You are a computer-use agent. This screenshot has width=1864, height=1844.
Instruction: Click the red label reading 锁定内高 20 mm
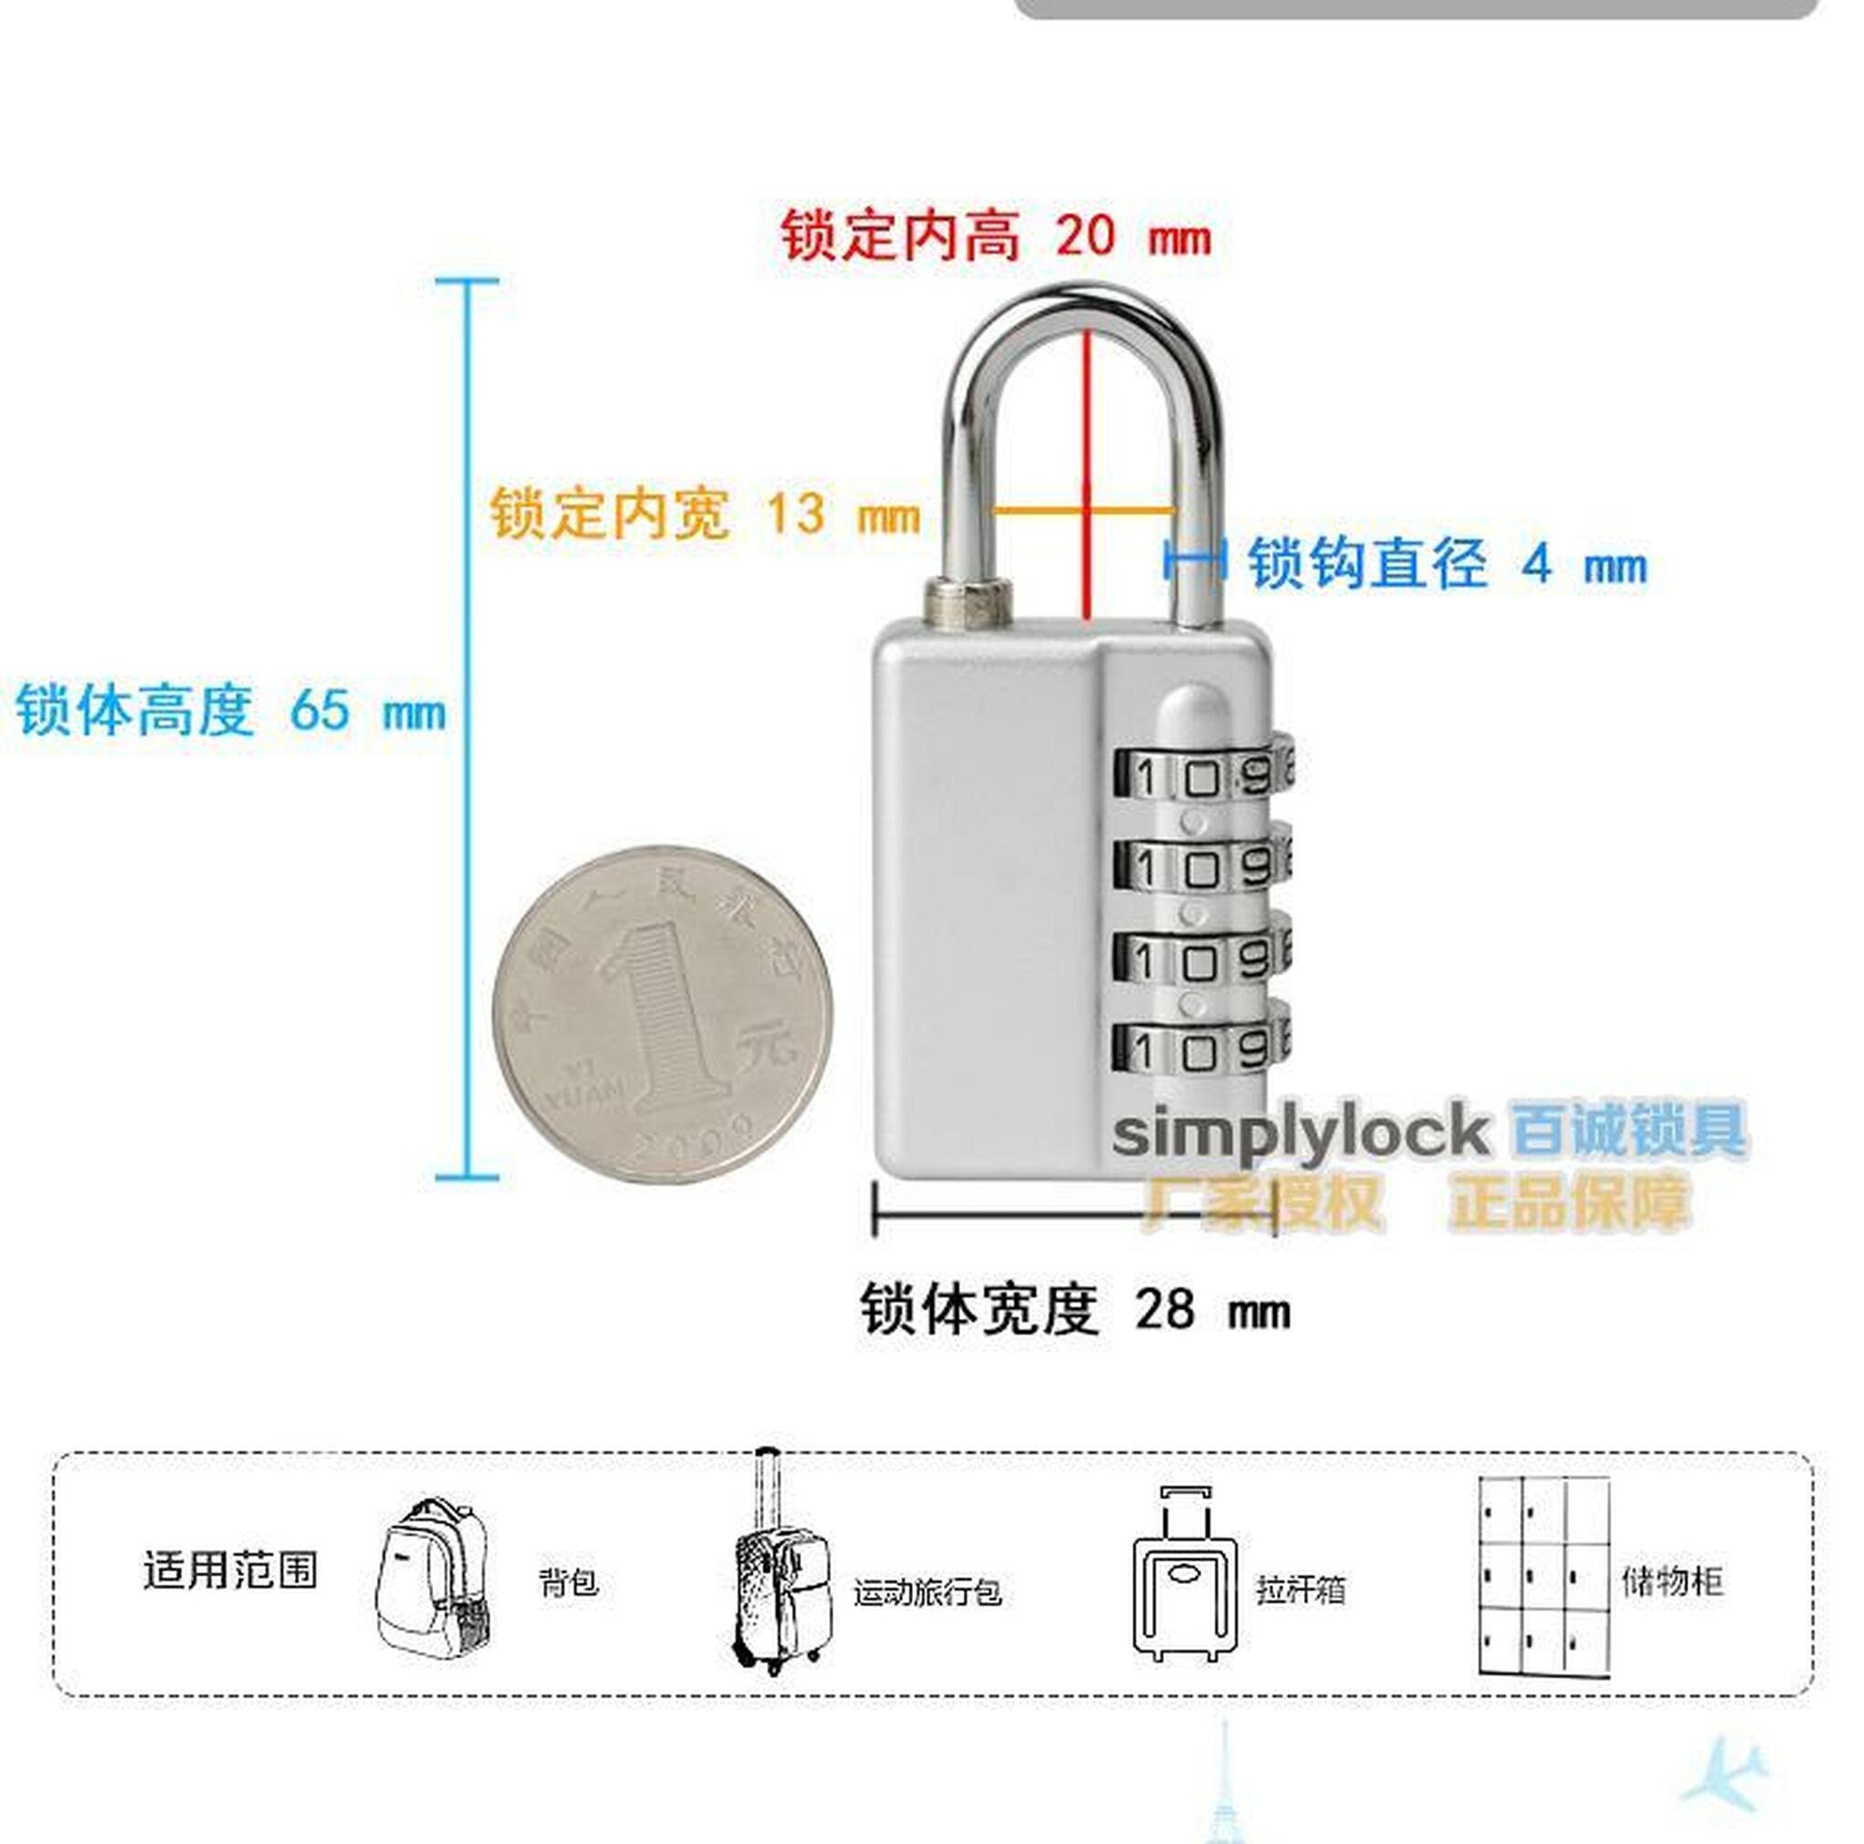995,236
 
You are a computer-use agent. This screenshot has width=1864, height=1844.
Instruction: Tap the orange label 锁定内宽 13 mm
704,513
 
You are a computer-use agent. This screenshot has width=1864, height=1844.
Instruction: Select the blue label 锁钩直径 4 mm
1447,563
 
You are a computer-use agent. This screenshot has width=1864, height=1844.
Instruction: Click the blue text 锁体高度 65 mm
229,711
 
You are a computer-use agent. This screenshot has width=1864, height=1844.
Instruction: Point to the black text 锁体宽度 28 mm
1074,1311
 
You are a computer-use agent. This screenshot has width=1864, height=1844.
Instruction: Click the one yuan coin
662,1015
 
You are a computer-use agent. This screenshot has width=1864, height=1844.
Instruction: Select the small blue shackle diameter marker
1195,559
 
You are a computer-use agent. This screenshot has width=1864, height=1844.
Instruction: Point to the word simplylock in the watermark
1299,1133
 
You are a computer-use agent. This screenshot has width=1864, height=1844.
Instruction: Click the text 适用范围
230,1570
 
